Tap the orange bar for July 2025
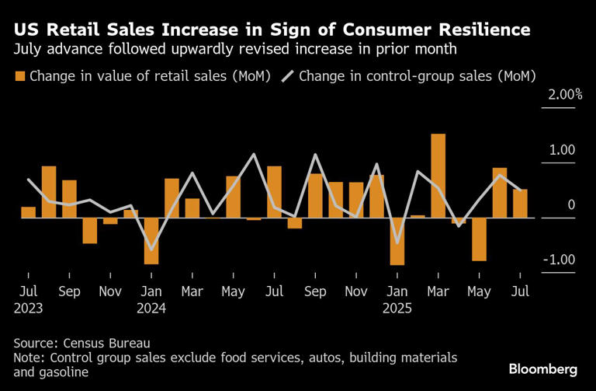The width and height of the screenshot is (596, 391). click(x=520, y=204)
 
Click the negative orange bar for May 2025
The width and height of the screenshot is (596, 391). click(x=479, y=239)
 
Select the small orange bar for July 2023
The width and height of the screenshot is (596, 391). click(x=29, y=212)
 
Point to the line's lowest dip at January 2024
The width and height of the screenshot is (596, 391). click(x=151, y=249)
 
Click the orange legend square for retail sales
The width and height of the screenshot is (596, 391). click(x=19, y=76)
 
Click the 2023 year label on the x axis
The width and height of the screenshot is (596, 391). click(x=27, y=307)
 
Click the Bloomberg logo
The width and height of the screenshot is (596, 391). click(x=543, y=368)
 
